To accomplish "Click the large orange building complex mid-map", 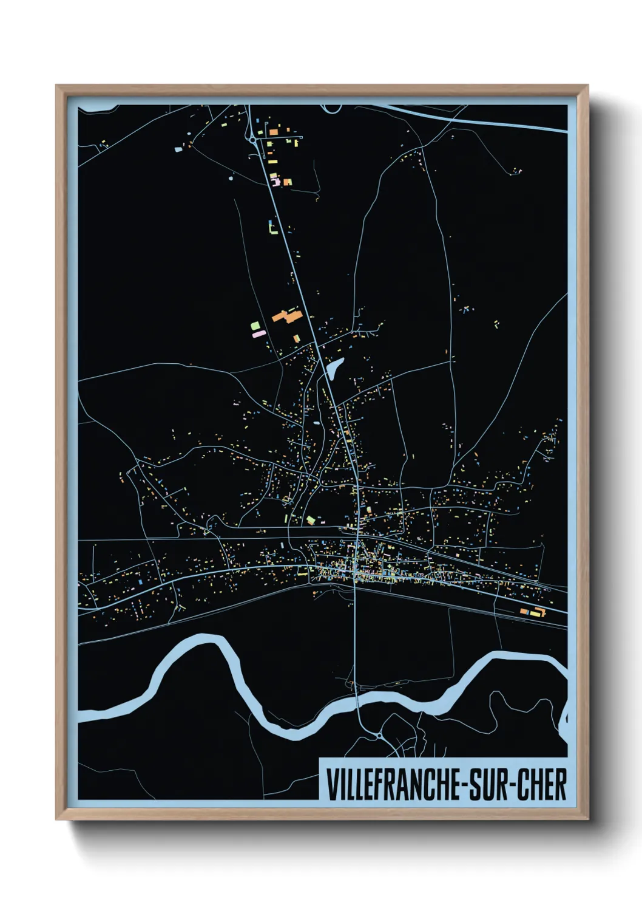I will click(x=287, y=316).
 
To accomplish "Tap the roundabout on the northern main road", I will click(x=252, y=140).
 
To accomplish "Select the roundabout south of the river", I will click(x=379, y=736).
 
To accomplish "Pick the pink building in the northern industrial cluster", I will click(x=275, y=181).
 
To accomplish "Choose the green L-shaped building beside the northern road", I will click(x=272, y=228).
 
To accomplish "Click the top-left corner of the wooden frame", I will click(x=57, y=86).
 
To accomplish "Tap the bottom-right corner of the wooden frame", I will click(x=587, y=818).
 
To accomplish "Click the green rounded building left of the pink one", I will click(x=254, y=326).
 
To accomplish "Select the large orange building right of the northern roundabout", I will click(x=274, y=131).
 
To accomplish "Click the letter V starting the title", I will click(x=332, y=784).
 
